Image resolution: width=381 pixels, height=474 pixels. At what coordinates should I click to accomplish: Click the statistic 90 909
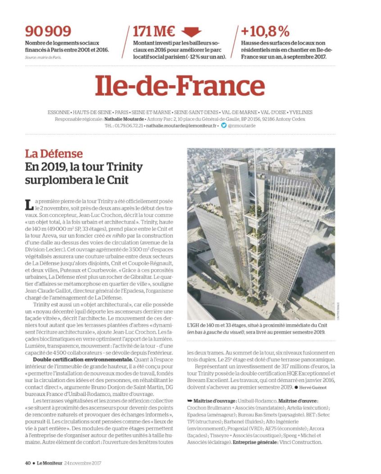pos(48,31)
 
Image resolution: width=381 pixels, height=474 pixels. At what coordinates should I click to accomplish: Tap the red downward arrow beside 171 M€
pos(191,32)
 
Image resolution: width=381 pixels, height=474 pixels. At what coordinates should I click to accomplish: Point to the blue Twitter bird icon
pos(224,126)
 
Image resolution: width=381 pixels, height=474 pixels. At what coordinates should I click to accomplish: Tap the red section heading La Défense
pos(54,154)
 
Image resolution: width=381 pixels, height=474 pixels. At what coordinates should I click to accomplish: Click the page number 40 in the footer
pos(27,462)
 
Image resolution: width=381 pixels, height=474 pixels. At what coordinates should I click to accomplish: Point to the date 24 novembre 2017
pos(83,462)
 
